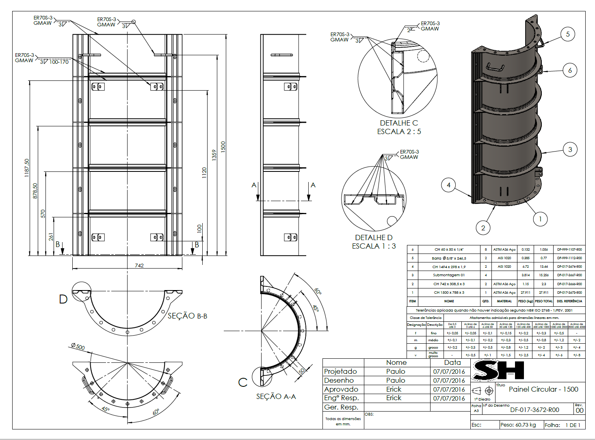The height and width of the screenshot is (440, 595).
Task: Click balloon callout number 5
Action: (568, 34)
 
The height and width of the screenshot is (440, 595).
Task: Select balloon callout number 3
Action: (570, 150)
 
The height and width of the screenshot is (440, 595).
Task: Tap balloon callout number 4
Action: (448, 185)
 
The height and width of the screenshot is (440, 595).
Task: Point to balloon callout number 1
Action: (540, 219)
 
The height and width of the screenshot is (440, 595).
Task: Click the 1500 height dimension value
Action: (223, 146)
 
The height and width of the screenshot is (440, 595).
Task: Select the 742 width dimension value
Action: (139, 265)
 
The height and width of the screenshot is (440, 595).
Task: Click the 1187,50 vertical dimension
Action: (27, 167)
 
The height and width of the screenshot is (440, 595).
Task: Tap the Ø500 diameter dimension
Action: (78, 346)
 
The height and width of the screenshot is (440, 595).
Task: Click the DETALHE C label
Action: (398, 123)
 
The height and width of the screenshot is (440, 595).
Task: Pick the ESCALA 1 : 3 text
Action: (374, 246)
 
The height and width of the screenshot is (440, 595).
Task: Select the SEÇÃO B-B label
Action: (187, 316)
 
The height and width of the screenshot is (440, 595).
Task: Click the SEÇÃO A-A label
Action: (276, 397)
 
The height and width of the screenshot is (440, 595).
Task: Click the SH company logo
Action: (498, 370)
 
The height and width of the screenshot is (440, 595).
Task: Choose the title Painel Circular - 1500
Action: (543, 389)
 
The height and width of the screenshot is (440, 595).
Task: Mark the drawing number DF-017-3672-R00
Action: (534, 410)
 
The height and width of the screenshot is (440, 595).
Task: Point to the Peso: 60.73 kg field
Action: (518, 425)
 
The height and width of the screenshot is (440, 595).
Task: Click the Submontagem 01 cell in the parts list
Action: (449, 275)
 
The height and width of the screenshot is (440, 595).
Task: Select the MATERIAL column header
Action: (504, 301)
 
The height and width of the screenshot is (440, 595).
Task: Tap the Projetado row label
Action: (340, 371)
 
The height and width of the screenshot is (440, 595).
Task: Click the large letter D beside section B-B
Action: (63, 299)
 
